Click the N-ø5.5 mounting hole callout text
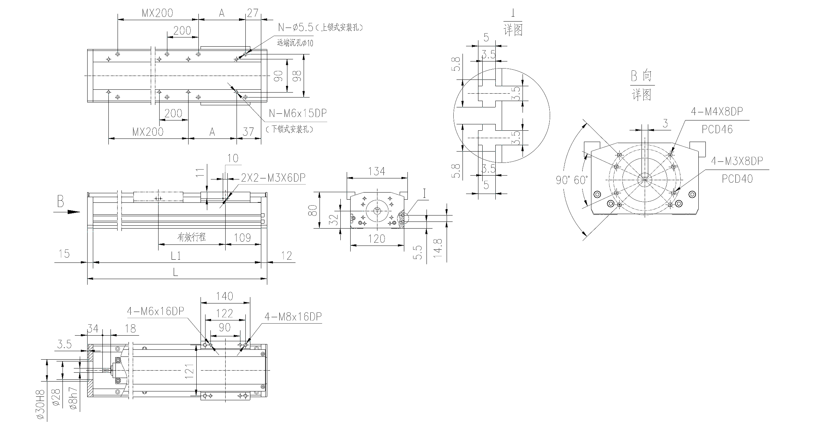point(320,27)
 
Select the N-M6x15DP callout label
point(298,113)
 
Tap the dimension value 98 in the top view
point(298,76)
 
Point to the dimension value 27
point(253,13)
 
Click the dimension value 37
point(248,132)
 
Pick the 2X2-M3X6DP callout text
point(273,177)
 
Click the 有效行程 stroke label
point(191,237)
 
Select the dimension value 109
point(243,237)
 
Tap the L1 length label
point(176,256)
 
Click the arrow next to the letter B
point(67,212)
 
